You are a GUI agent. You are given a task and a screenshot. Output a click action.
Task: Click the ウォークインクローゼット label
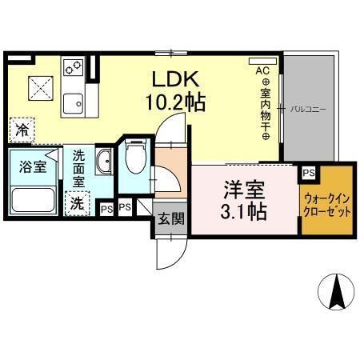[326, 202]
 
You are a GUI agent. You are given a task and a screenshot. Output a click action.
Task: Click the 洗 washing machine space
[77, 203]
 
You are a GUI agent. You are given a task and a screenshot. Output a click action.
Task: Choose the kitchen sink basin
[77, 102]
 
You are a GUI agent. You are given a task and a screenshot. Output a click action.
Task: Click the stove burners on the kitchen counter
[73, 66]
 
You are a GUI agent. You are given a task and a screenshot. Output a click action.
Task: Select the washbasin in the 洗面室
[103, 164]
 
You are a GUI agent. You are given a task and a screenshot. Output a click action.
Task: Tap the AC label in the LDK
[262, 71]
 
